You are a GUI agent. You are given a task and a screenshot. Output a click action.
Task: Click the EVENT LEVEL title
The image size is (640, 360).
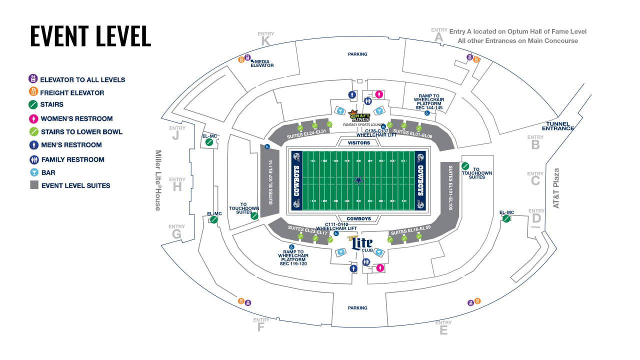90,36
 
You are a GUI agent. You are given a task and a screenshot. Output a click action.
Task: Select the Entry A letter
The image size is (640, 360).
439,37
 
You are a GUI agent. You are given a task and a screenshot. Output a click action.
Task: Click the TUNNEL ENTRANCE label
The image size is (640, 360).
560,126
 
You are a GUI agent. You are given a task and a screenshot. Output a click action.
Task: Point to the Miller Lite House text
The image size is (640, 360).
158,180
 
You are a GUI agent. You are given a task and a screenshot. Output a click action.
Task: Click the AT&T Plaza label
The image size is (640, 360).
556,188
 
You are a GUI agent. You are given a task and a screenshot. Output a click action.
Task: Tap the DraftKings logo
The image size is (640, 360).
359,116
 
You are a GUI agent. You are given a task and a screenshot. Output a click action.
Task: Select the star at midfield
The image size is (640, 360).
358,180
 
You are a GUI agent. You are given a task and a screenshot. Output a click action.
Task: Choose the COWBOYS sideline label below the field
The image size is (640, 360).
358,218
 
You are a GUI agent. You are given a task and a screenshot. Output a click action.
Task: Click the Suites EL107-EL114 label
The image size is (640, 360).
270,182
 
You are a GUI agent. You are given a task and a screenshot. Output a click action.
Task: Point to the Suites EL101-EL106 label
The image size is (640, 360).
450,187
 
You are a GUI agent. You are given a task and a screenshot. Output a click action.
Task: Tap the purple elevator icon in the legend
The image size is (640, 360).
33,79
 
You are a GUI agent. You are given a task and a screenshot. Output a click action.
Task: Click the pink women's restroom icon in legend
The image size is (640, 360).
33,118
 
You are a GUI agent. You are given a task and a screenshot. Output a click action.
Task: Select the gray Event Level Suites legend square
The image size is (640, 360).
33,185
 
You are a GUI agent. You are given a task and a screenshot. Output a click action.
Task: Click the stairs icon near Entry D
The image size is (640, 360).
506,219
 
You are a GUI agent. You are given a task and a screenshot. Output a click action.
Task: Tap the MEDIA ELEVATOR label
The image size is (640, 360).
262,63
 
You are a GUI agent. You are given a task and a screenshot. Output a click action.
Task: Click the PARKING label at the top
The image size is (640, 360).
357,54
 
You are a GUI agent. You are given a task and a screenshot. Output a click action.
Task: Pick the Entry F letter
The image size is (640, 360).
260,327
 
